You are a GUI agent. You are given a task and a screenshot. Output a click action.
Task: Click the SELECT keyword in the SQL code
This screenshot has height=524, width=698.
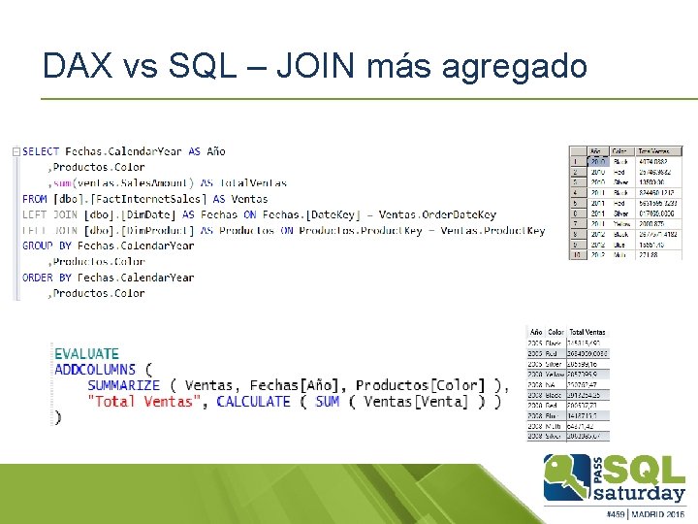pos(41,151)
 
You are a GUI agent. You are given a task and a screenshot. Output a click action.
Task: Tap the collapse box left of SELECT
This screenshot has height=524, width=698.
pos(16,151)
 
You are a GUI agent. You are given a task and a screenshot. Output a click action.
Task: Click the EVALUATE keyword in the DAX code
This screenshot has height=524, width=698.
pos(86,354)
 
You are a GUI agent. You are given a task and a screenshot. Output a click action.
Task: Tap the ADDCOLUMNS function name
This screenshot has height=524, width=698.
pos(95,370)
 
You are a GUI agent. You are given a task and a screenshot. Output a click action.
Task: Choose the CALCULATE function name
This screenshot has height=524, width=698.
pos(253,402)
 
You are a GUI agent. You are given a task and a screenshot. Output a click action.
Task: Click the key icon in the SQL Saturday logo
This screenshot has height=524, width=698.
pos(568,475)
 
